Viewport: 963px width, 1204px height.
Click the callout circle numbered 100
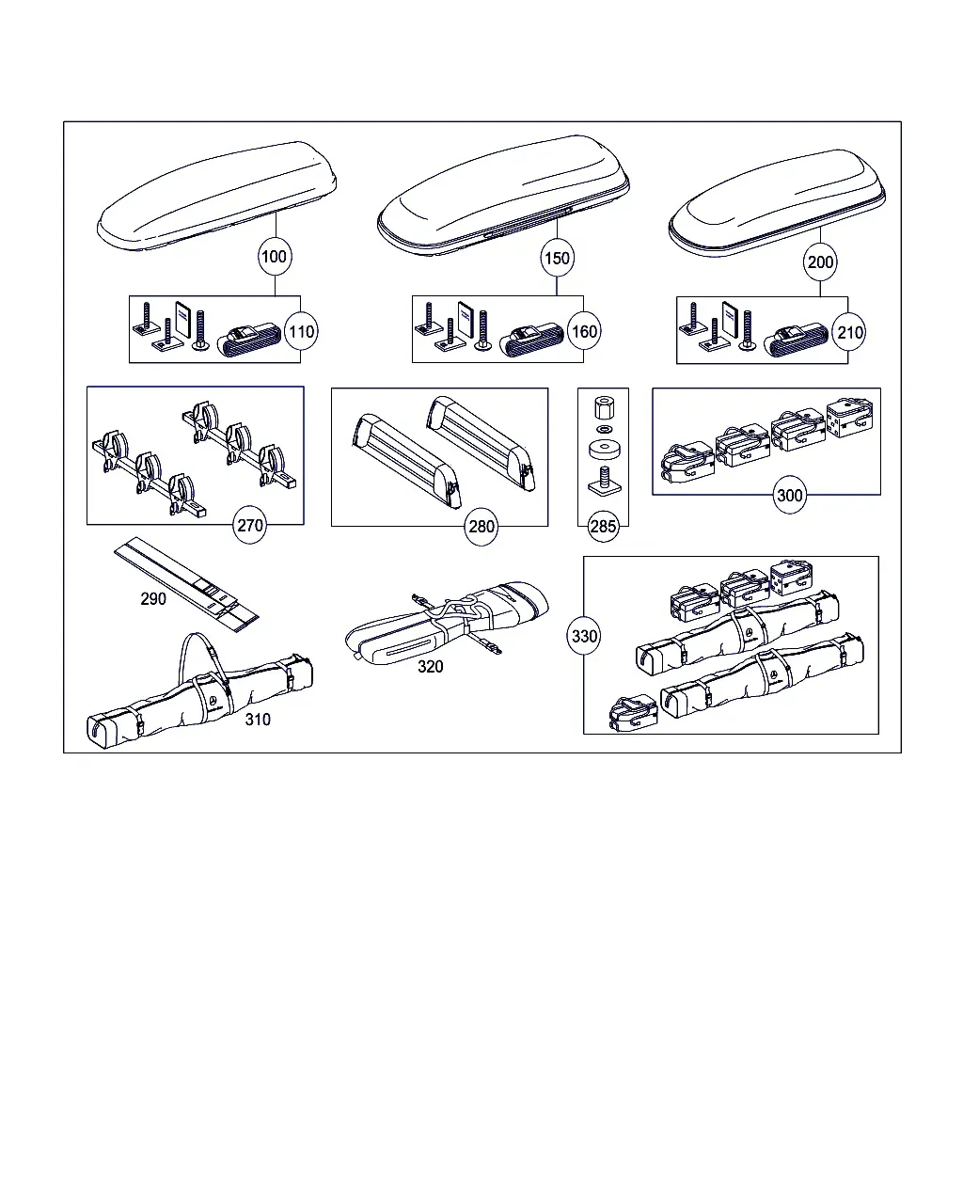click(275, 257)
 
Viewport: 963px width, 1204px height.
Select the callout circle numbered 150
click(557, 258)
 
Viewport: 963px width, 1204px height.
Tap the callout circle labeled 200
click(820, 261)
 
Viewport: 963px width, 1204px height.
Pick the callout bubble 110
click(301, 332)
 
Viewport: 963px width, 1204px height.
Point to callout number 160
click(584, 332)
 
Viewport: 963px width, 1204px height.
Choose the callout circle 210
click(849, 333)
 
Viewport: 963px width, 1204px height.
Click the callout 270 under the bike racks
click(249, 526)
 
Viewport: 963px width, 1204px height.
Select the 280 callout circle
click(481, 527)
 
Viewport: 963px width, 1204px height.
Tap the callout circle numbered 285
click(603, 526)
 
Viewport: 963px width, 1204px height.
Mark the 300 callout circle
click(790, 495)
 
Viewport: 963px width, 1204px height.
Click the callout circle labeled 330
click(584, 636)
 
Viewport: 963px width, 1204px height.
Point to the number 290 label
click(153, 599)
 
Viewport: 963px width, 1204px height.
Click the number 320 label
click(431, 666)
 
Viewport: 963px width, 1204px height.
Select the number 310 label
click(258, 720)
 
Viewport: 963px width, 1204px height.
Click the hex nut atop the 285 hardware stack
click(604, 408)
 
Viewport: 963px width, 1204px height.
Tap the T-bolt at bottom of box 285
click(604, 482)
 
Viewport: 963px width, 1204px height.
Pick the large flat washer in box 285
click(605, 449)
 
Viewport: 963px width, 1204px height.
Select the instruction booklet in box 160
click(466, 321)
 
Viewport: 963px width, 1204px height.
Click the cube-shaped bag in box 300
click(849, 417)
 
